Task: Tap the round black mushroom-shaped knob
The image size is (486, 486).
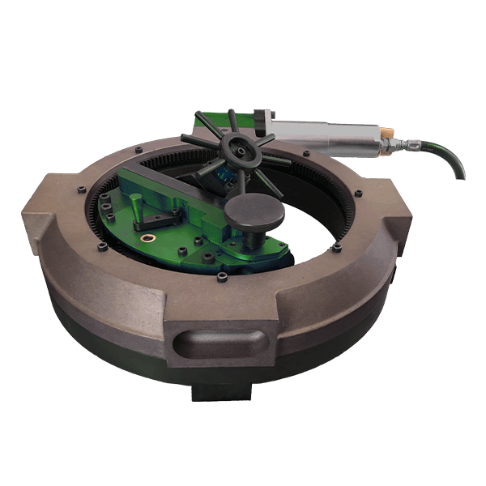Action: coord(254,212)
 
